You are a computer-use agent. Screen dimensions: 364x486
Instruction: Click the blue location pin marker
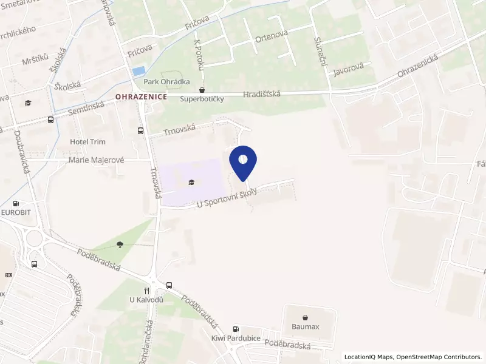click(243, 162)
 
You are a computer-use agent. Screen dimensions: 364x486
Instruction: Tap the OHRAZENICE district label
click(141, 96)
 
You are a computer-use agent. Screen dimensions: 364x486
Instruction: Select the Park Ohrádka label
click(166, 81)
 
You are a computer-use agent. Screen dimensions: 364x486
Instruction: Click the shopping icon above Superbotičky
click(202, 90)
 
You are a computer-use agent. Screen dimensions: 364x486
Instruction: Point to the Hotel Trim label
click(87, 142)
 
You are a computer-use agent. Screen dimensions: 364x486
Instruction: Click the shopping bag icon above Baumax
click(305, 317)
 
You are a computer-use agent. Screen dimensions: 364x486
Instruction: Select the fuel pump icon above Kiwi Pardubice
click(236, 328)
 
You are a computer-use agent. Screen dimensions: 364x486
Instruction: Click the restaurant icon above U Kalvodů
click(146, 291)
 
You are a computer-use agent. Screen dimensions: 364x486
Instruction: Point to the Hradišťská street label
click(261, 94)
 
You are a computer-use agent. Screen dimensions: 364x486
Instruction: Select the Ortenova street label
click(271, 38)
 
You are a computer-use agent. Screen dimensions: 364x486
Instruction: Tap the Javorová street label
click(348, 70)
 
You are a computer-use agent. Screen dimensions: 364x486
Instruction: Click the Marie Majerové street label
click(96, 160)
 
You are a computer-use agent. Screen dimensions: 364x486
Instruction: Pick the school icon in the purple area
click(192, 181)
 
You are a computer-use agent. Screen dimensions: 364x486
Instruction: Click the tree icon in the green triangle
click(120, 244)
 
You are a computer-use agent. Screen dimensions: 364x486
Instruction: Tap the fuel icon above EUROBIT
click(16, 204)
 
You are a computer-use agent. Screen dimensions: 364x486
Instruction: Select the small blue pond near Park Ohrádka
click(139, 71)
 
